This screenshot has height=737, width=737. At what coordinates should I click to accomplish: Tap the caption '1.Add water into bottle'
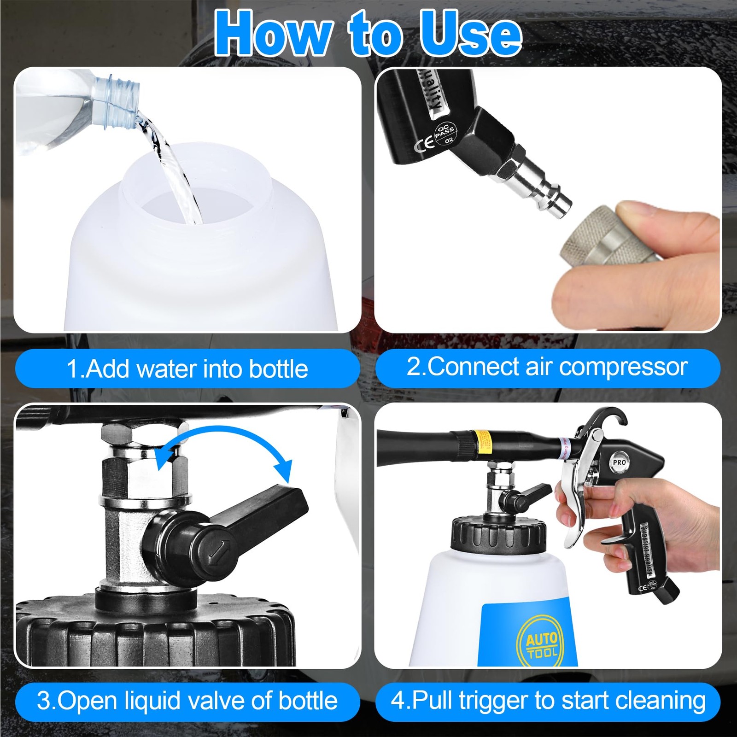coord(187,368)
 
